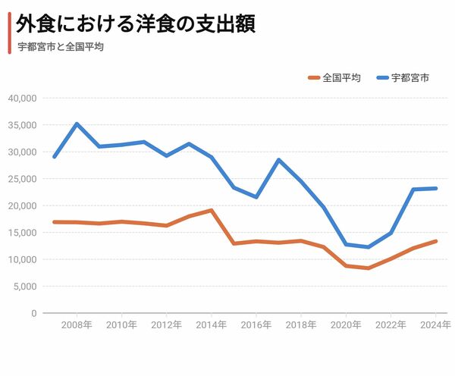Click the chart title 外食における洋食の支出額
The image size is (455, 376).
click(136, 24)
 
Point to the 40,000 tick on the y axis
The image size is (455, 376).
click(22, 99)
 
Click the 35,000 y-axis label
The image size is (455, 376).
click(22, 125)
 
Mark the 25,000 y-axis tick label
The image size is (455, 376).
click(22, 179)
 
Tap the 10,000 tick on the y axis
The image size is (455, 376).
click(22, 259)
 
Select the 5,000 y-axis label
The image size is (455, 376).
click(24, 287)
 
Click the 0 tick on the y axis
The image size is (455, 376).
click(33, 313)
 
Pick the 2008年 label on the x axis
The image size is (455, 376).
click(77, 325)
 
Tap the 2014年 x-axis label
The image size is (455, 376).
click(212, 325)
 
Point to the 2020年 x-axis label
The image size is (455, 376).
click(346, 325)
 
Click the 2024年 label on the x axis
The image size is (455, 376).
click(435, 325)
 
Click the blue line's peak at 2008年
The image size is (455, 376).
click(77, 124)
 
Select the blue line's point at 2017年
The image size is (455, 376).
click(278, 160)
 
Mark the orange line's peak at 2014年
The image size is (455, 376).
click(212, 210)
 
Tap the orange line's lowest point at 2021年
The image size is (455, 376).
click(368, 268)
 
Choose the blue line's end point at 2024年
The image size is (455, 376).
click(435, 188)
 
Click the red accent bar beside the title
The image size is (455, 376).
click(9, 33)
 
